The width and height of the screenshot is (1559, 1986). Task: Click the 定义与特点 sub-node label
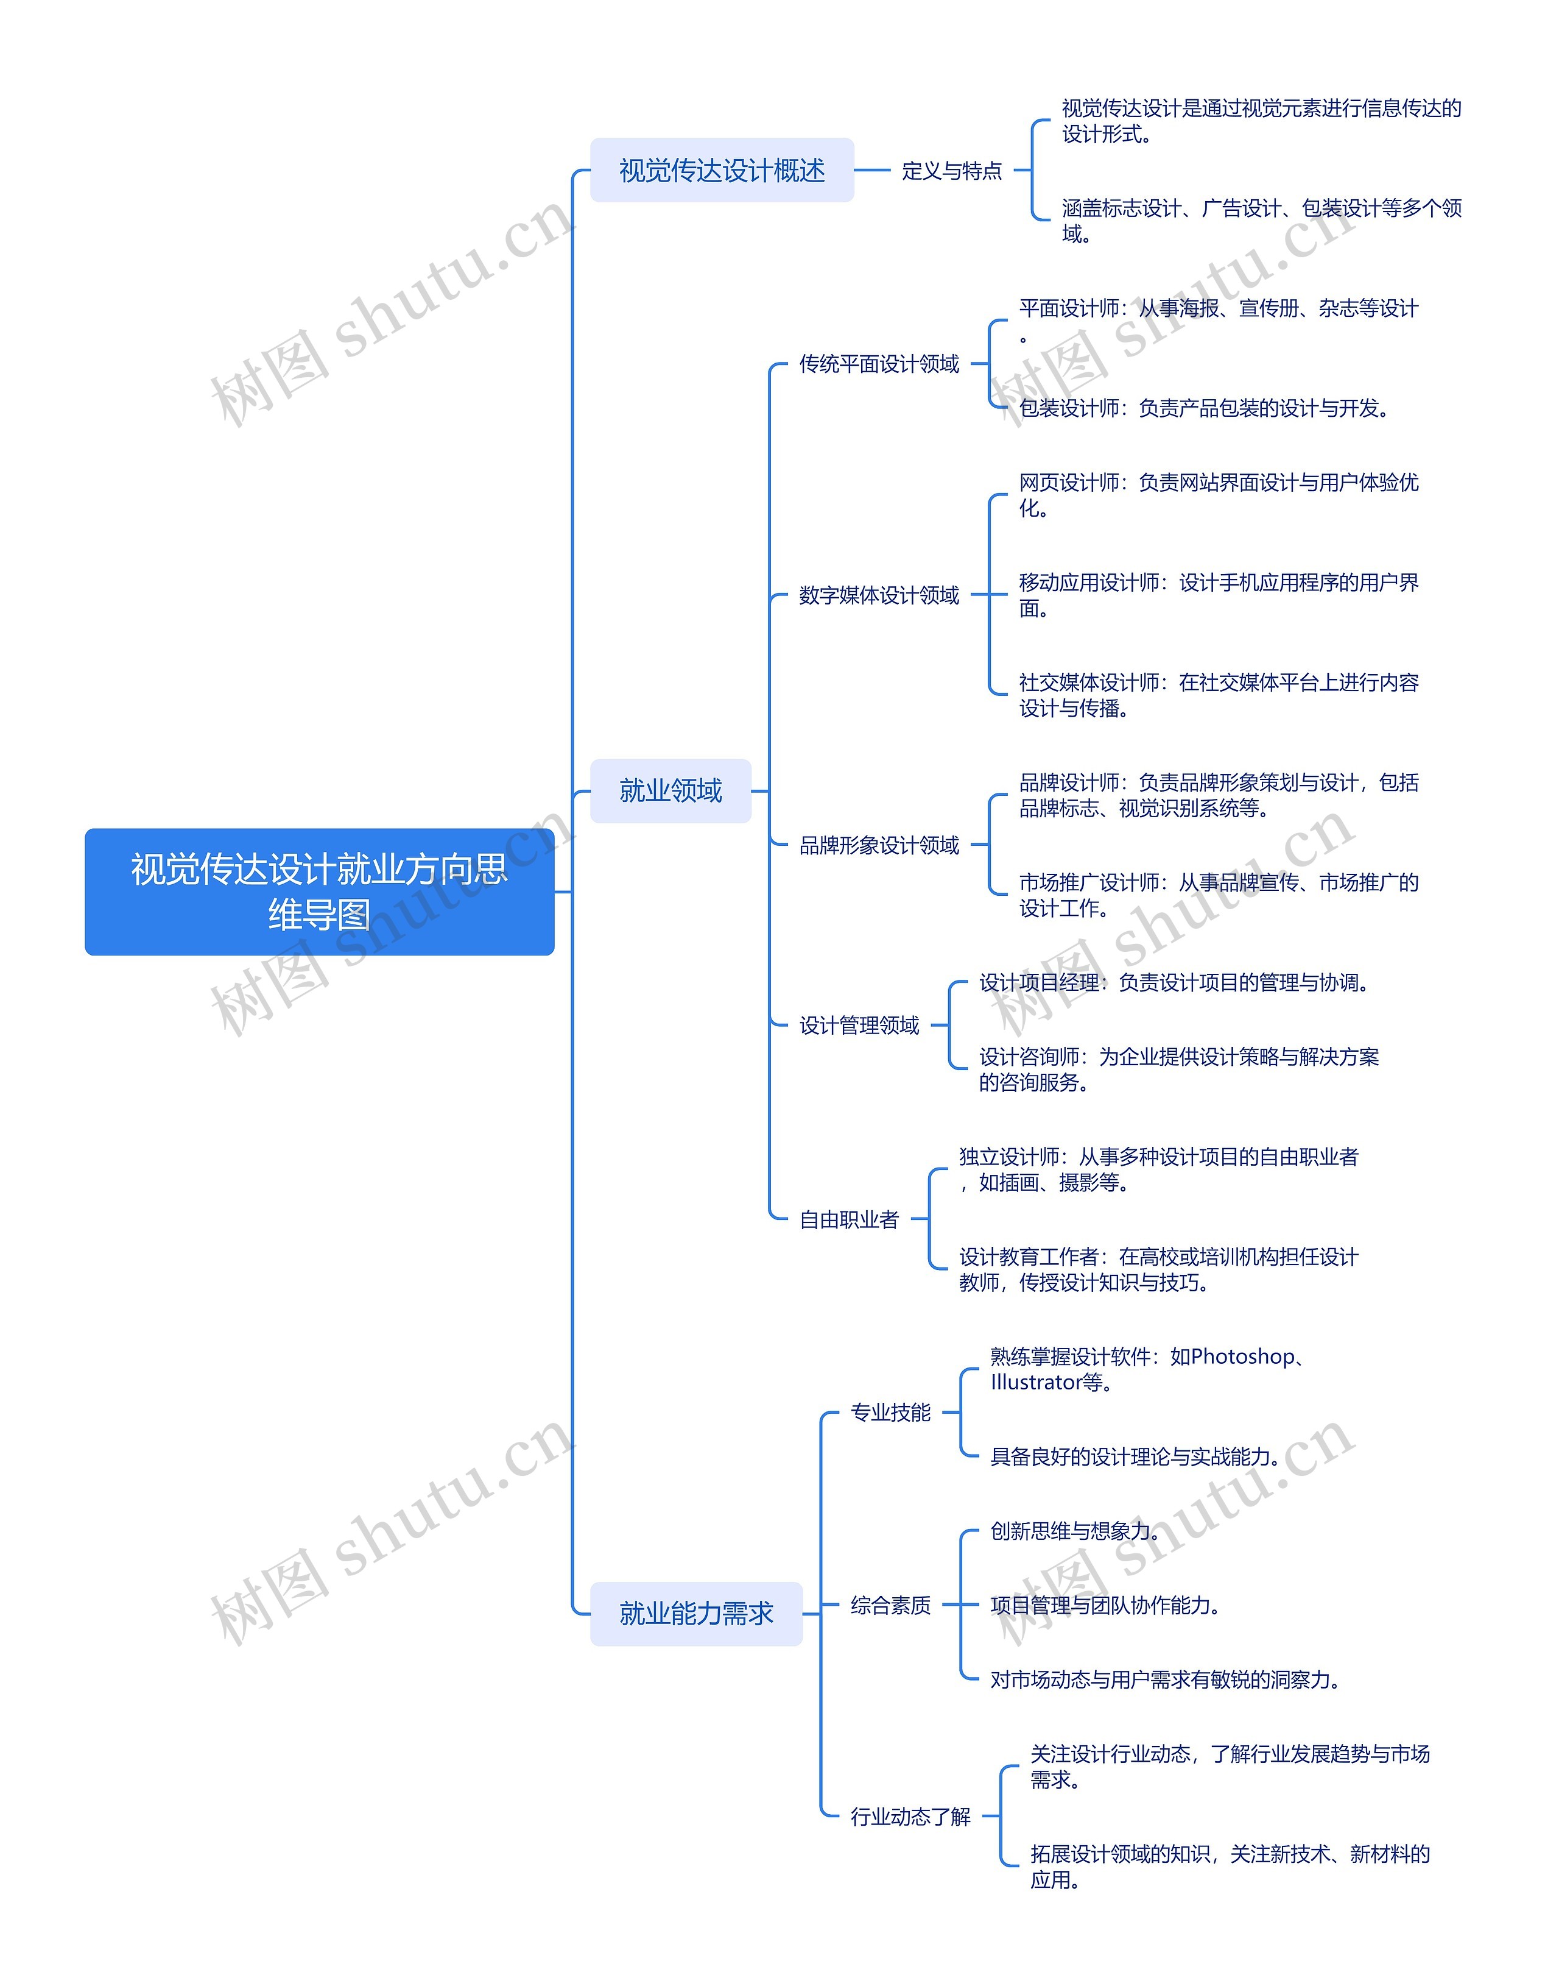[951, 171]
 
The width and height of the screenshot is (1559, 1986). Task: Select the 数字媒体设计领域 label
[879, 595]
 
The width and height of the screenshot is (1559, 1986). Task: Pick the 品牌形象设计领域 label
[879, 846]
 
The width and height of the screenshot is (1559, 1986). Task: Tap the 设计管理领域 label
[859, 1026]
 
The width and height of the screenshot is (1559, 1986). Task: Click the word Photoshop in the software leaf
[1242, 1357]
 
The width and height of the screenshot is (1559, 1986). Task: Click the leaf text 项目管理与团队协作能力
[1105, 1605]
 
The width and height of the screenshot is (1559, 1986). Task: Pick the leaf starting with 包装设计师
[1203, 408]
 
